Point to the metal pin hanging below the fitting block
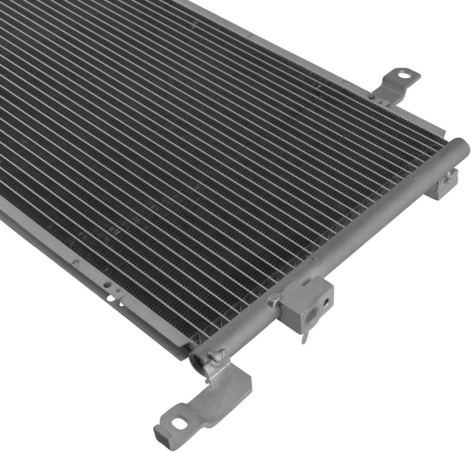click(x=304, y=336)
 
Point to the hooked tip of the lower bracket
click(x=159, y=435)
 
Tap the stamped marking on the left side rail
click(x=76, y=264)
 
